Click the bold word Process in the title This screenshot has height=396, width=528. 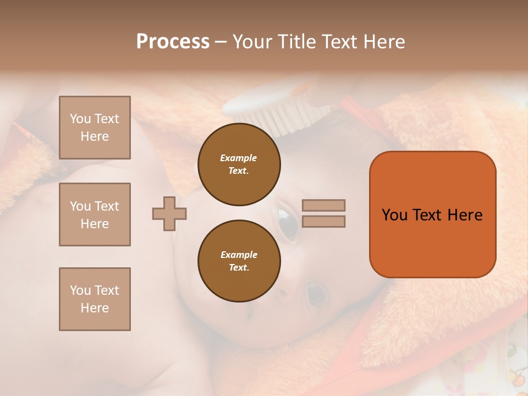tap(173, 42)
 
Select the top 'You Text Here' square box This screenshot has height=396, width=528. tap(95, 128)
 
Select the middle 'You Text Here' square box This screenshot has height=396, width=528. tap(95, 215)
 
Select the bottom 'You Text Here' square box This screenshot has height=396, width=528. tap(95, 299)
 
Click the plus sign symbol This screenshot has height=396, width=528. tap(169, 213)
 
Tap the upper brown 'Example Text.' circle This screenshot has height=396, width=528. tap(239, 164)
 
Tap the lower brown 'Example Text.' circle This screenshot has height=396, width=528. tap(239, 261)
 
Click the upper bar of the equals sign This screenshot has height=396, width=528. tap(323, 205)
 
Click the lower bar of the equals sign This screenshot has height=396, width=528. tap(323, 221)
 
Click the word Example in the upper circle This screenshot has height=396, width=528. tap(239, 158)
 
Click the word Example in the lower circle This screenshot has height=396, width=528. tap(239, 255)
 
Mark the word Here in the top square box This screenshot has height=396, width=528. tap(95, 136)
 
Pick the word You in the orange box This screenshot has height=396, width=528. tap(394, 215)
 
